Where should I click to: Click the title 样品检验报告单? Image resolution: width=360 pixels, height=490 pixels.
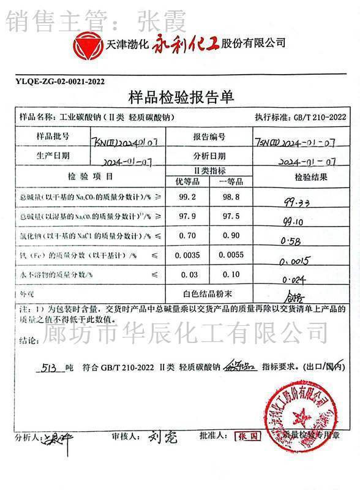click(x=181, y=97)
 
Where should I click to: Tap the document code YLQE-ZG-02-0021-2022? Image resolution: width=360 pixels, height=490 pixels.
click(x=59, y=81)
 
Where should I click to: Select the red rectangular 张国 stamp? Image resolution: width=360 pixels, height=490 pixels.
click(x=248, y=437)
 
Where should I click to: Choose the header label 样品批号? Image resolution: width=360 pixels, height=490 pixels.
click(x=53, y=135)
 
